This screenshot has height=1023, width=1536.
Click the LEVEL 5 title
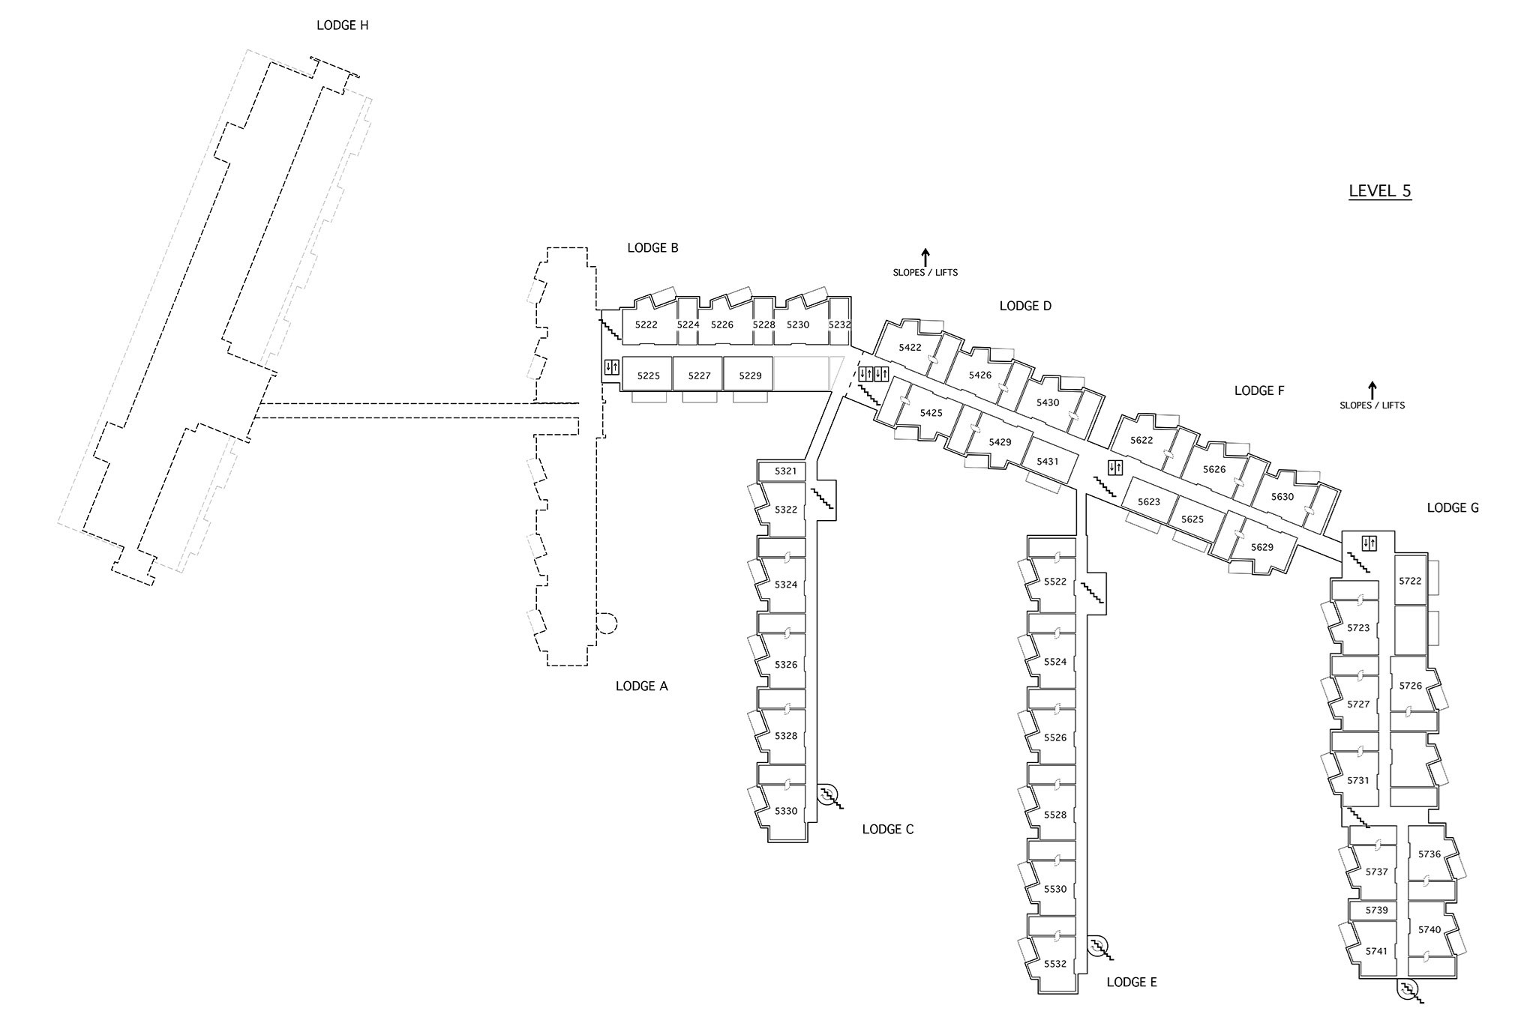1380,191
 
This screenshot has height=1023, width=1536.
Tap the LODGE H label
342,25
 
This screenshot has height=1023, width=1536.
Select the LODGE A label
641,686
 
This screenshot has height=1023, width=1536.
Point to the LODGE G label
1453,507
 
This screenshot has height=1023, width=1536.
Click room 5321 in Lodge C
785,471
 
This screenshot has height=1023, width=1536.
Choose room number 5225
648,375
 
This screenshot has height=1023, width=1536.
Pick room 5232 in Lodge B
839,325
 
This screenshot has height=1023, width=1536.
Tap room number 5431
1047,461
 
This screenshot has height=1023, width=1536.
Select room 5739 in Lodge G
1376,910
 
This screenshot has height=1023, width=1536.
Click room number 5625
1192,519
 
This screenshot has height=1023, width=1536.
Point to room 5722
1410,580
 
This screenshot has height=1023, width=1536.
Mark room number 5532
1054,964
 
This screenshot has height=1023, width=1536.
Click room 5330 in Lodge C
786,811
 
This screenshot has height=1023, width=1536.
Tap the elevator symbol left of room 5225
611,367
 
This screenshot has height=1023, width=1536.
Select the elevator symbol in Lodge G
1369,543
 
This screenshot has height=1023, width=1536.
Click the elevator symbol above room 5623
1115,468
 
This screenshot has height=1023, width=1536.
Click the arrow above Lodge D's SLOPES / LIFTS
925,256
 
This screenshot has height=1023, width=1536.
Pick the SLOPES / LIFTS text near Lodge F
1372,405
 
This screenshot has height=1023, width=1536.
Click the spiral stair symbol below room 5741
1408,990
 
